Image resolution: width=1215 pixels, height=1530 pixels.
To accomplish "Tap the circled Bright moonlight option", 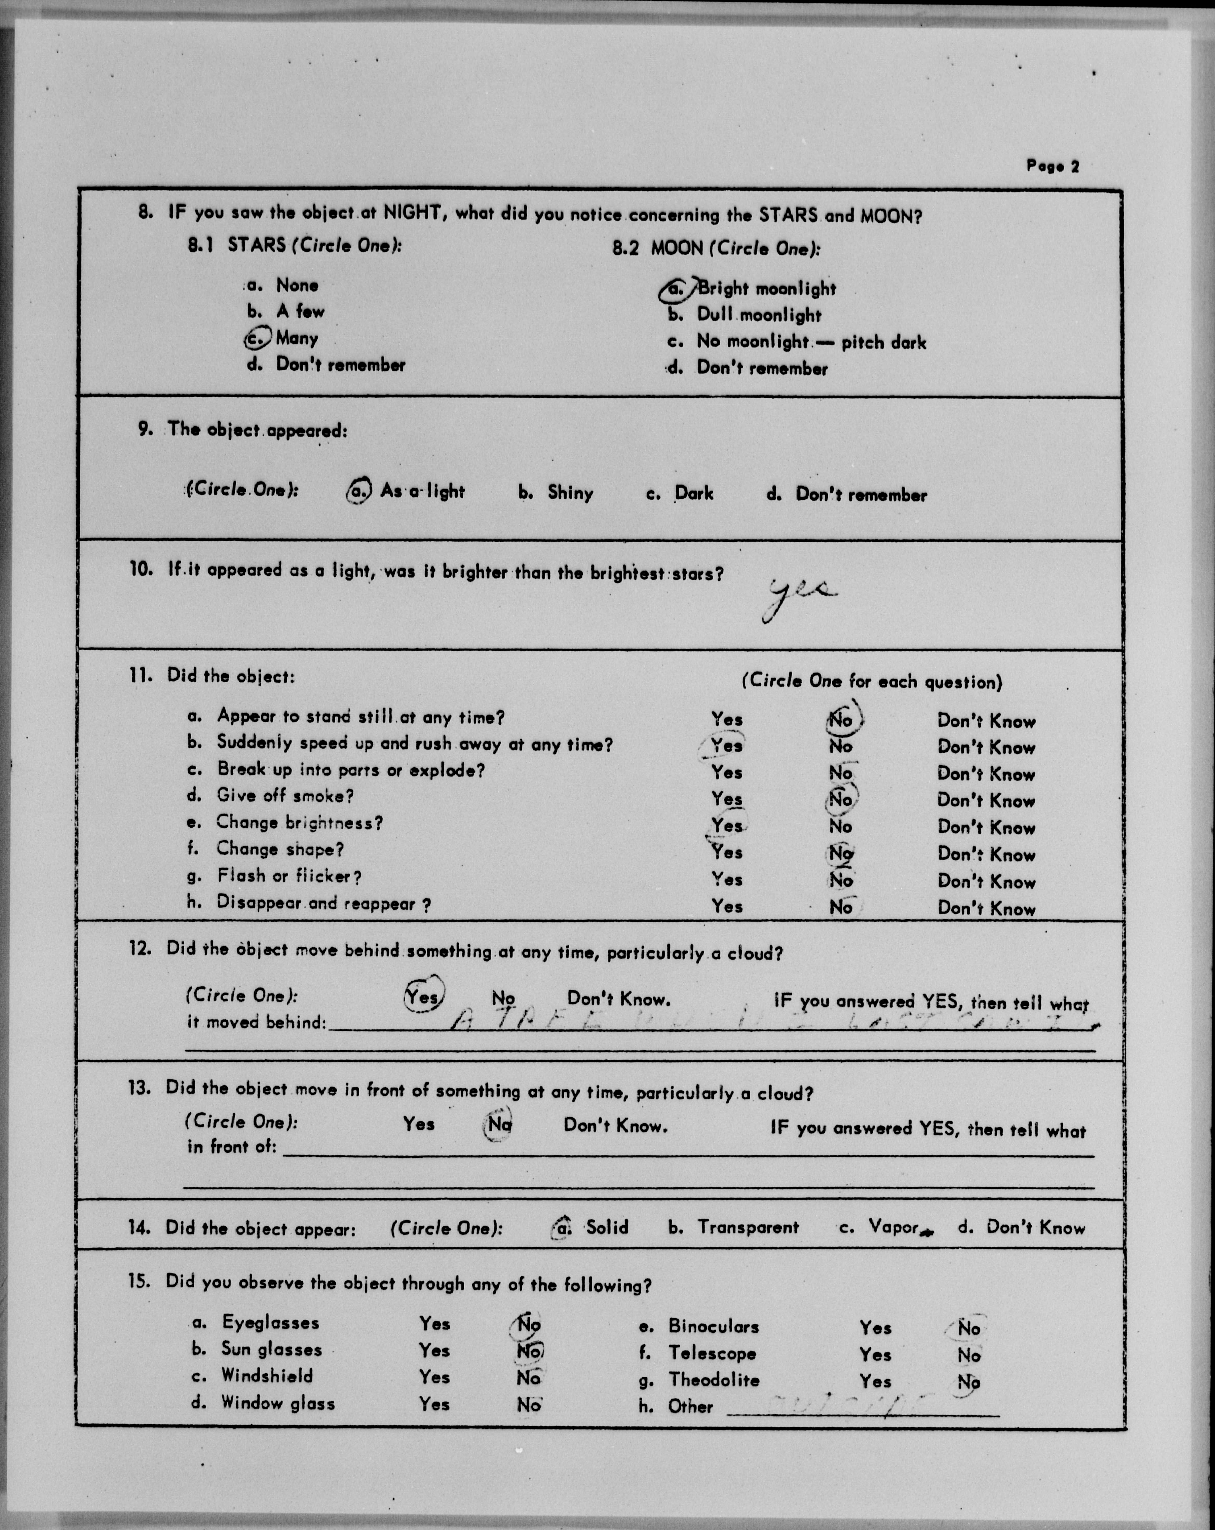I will (751, 289).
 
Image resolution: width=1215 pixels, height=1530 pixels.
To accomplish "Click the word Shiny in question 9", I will (570, 493).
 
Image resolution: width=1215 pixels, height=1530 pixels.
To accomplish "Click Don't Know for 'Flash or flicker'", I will (986, 882).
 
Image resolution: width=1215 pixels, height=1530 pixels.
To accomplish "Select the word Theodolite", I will (713, 1380).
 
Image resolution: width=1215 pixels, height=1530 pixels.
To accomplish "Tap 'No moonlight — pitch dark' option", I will (810, 342).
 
